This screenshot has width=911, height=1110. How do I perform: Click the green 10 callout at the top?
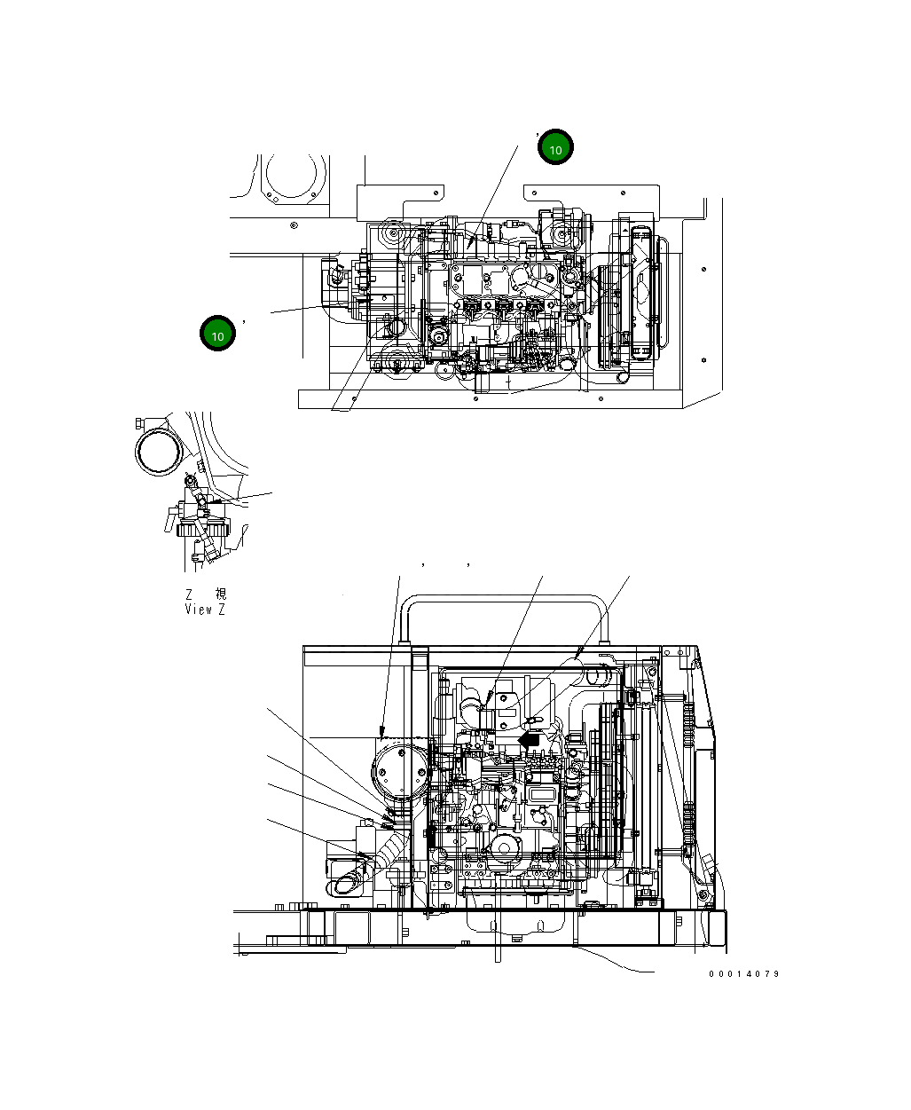pyautogui.click(x=555, y=149)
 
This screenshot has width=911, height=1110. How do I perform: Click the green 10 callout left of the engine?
pyautogui.click(x=217, y=334)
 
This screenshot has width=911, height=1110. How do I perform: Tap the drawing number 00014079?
pyautogui.click(x=743, y=973)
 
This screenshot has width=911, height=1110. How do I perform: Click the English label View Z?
pyautogui.click(x=205, y=610)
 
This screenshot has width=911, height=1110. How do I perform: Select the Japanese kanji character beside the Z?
pyautogui.click(x=220, y=594)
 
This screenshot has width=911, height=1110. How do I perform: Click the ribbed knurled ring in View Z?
pyautogui.click(x=197, y=531)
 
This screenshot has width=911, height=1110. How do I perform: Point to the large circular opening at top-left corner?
pyautogui.click(x=294, y=177)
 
